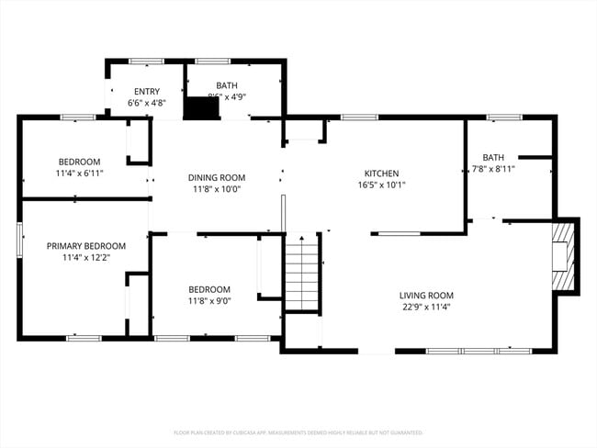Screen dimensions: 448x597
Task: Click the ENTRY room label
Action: pos(147,91)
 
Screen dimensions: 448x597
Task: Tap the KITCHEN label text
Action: pos(380,173)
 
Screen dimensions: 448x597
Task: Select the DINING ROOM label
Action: pos(216,177)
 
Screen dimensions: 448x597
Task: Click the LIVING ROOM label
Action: pos(426,295)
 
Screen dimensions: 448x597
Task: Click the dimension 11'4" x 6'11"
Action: pos(78,173)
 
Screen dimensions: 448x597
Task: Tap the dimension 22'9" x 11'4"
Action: pos(426,307)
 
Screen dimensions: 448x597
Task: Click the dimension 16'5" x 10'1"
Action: pos(380,185)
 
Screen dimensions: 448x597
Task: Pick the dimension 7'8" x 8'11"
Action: pos(493,169)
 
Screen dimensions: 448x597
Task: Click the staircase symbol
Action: pos(301,273)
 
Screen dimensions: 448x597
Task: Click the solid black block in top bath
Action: pos(201,107)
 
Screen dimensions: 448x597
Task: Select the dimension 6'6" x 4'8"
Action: pos(147,103)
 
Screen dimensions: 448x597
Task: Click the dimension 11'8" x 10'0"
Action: pos(216,189)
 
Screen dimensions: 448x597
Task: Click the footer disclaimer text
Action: pos(298,431)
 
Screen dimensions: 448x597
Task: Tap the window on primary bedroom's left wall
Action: pos(19,242)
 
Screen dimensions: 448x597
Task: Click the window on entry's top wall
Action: pos(146,62)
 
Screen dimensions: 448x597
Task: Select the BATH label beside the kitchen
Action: pos(493,157)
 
